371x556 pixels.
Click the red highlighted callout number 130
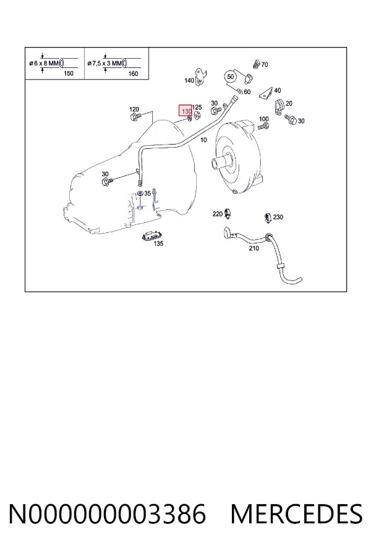pyautogui.click(x=185, y=111)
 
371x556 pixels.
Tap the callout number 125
pyautogui.click(x=197, y=107)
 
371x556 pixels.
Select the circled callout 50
pyautogui.click(x=231, y=77)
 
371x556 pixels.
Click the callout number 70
pyautogui.click(x=265, y=64)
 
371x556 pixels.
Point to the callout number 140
pyautogui.click(x=189, y=80)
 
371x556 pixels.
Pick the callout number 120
pyautogui.click(x=134, y=109)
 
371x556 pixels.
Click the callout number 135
pyautogui.click(x=158, y=243)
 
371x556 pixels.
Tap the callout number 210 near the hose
pyautogui.click(x=254, y=248)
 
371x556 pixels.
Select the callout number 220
pyautogui.click(x=217, y=214)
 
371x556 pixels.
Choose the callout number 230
pyautogui.click(x=278, y=217)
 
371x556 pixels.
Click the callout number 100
pyautogui.click(x=264, y=119)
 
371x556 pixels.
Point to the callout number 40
pyautogui.click(x=278, y=90)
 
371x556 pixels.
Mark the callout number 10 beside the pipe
pyautogui.click(x=203, y=140)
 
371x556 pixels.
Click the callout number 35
pyautogui.click(x=147, y=193)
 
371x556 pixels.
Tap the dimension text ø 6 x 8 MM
pyautogui.click(x=44, y=64)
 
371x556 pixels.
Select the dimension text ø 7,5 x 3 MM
pyautogui.click(x=104, y=64)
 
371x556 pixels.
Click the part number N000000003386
pyautogui.click(x=107, y=514)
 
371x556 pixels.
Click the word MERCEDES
pyautogui.click(x=297, y=514)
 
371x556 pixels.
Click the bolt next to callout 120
pyautogui.click(x=135, y=117)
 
